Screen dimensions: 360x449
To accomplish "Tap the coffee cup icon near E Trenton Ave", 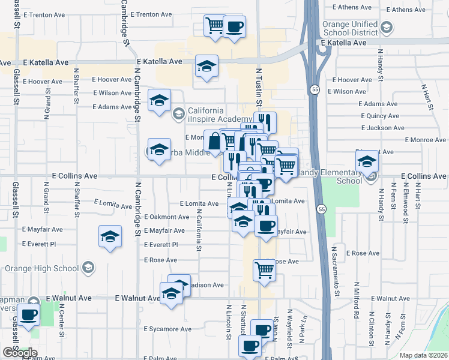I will tap(234, 27).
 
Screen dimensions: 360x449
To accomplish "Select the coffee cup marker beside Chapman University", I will tap(28, 315).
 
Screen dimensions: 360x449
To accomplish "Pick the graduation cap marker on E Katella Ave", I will tap(206, 67).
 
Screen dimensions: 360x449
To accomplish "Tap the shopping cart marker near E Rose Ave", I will tap(264, 271).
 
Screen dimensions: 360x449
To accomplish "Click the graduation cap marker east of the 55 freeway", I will tap(367, 161).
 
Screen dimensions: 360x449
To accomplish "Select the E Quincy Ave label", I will tap(379, 116).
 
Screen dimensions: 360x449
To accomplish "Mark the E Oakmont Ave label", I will tap(166, 217).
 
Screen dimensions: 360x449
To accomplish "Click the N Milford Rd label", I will tap(357, 310).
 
